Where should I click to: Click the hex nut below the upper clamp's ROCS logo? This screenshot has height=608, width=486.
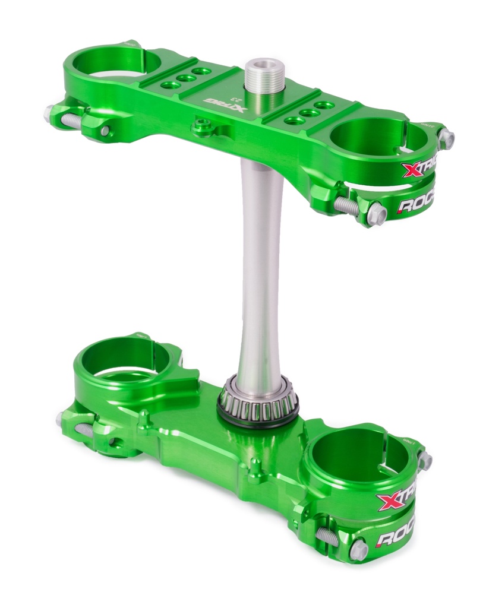point(376,214)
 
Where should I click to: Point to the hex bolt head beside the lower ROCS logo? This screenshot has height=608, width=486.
point(359,549)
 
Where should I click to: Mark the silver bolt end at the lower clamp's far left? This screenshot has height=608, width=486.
point(60,419)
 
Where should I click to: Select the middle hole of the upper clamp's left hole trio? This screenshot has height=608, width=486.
point(185,78)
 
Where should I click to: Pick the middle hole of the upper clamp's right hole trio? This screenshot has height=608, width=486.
point(307,112)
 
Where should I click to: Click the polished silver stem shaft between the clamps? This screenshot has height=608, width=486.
point(260,267)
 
